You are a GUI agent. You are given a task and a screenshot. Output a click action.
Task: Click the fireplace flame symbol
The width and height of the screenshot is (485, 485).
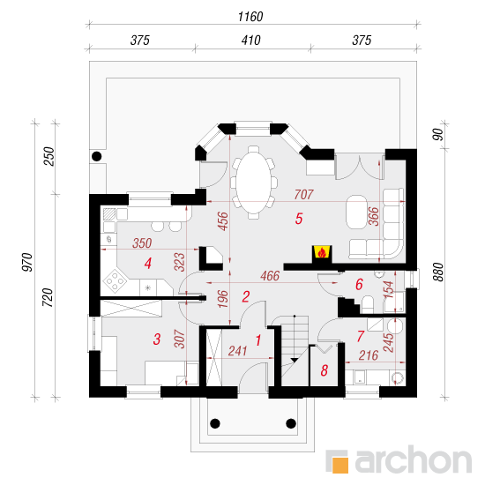point(322,253)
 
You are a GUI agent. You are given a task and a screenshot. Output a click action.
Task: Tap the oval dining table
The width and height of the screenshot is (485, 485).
point(254,183)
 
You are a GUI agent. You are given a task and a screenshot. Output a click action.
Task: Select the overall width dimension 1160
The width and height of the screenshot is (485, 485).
point(250,17)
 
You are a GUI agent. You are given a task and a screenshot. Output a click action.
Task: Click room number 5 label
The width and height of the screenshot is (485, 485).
point(298,219)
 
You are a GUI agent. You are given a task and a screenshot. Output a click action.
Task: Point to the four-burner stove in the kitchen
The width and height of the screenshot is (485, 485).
point(115,281)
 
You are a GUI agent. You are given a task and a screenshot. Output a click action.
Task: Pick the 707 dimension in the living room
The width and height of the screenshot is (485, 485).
point(303,195)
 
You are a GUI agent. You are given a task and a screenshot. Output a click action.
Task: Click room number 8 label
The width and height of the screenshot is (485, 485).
point(324,370)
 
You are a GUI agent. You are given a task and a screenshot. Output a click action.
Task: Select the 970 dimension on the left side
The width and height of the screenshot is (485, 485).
point(27,262)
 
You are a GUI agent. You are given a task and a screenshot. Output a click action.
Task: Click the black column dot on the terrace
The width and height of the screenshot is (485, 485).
point(97,156)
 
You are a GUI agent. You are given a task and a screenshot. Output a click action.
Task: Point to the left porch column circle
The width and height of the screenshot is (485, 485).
point(215,423)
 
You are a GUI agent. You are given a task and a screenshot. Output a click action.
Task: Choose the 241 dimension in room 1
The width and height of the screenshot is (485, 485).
point(237,351)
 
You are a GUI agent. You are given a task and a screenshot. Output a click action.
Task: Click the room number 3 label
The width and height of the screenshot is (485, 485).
point(157,339)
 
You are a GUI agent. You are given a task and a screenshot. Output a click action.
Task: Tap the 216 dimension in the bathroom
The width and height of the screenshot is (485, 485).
point(369,355)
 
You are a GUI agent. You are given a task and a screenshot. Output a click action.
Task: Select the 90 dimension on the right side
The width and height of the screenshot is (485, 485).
point(438,135)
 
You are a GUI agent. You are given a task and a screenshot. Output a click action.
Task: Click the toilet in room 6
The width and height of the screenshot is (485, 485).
point(368,304)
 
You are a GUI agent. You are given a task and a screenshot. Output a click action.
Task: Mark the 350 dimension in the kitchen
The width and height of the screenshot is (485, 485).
point(142,243)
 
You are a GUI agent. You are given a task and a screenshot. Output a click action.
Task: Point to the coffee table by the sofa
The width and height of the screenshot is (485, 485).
point(356,212)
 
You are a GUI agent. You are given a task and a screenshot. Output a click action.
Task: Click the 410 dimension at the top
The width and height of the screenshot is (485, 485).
point(250,41)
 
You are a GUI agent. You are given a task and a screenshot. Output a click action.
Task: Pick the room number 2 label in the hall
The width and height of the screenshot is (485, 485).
point(246,296)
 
